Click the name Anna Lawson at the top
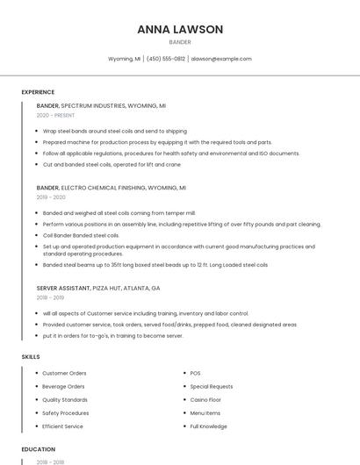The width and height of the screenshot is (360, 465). pyautogui.click(x=180, y=29)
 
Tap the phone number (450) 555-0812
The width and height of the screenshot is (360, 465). pyautogui.click(x=166, y=59)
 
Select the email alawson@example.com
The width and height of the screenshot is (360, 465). pyautogui.click(x=221, y=59)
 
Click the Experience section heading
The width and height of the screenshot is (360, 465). pyautogui.click(x=38, y=92)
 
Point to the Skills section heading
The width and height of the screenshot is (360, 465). pyautogui.click(x=30, y=357)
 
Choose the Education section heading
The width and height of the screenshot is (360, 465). pyautogui.click(x=39, y=449)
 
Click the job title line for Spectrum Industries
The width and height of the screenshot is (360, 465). pyautogui.click(x=101, y=105)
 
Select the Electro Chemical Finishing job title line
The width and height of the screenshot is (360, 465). pyautogui.click(x=111, y=188)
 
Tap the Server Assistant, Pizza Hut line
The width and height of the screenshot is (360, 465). pyautogui.click(x=97, y=288)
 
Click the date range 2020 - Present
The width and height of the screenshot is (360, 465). pyautogui.click(x=55, y=115)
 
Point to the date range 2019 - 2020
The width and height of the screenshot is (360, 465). pyautogui.click(x=51, y=197)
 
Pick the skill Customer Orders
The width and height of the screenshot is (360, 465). pyautogui.click(x=64, y=373)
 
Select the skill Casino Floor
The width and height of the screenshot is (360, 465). pyautogui.click(x=206, y=399)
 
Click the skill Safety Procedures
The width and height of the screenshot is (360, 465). pyautogui.click(x=66, y=412)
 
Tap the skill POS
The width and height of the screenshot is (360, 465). pyautogui.click(x=195, y=373)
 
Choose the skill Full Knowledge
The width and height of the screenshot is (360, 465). pyautogui.click(x=209, y=426)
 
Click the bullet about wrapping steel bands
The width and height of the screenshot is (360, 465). pyautogui.click(x=114, y=131)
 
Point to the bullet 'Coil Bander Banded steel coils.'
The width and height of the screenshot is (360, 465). pyautogui.click(x=81, y=235)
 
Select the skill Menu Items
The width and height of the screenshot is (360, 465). pyautogui.click(x=205, y=412)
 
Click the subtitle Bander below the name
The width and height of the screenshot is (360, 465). pyautogui.click(x=180, y=42)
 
